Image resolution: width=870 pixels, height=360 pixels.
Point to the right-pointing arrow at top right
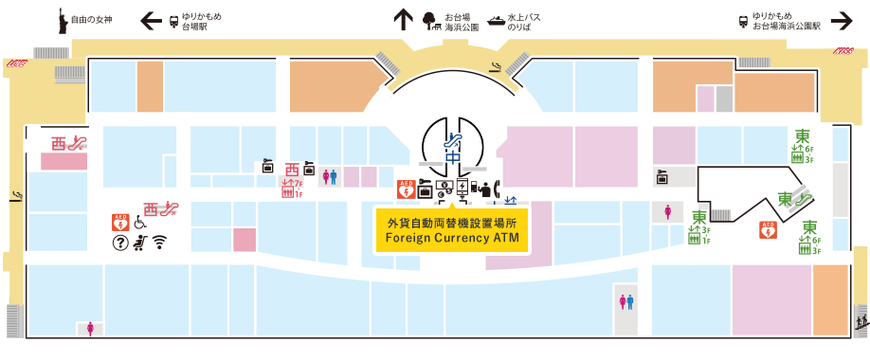pyautogui.click(x=841, y=21)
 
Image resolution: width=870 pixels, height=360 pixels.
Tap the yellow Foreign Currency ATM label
pyautogui.click(x=452, y=230)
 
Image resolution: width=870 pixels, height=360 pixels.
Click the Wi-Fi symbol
pyautogui.click(x=159, y=243)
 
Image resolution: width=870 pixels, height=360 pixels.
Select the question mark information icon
pyautogui.click(x=120, y=243)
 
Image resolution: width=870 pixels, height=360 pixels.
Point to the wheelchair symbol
pyautogui.click(x=139, y=224)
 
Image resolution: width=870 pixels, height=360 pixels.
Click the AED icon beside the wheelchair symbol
pyautogui.click(x=120, y=223)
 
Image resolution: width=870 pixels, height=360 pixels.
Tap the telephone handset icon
pyautogui.click(x=486, y=189)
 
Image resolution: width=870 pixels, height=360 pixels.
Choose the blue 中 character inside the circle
pyautogui.click(x=453, y=157)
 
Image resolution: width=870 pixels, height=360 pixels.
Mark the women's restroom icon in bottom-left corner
pyautogui.click(x=91, y=329)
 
